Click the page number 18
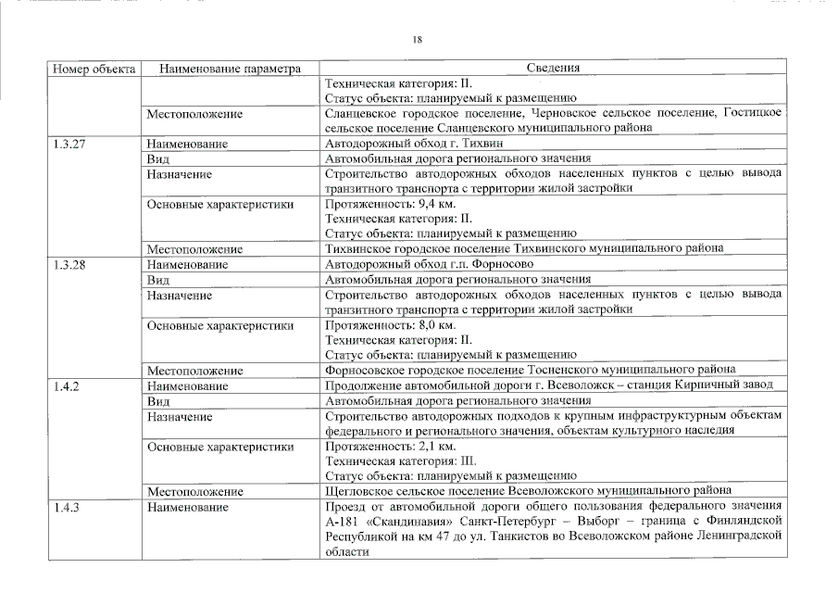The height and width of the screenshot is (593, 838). [x=418, y=39]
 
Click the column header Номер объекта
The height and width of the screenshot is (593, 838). [x=94, y=68]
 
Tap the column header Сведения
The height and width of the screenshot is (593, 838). [x=553, y=68]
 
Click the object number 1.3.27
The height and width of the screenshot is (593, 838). [x=69, y=144]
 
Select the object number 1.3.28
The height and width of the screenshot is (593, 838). [x=69, y=264]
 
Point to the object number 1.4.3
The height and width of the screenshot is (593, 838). [x=65, y=507]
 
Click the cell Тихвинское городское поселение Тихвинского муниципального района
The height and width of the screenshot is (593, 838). [x=523, y=248]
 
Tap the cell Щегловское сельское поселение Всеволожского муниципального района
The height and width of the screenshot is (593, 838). [x=528, y=490]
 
